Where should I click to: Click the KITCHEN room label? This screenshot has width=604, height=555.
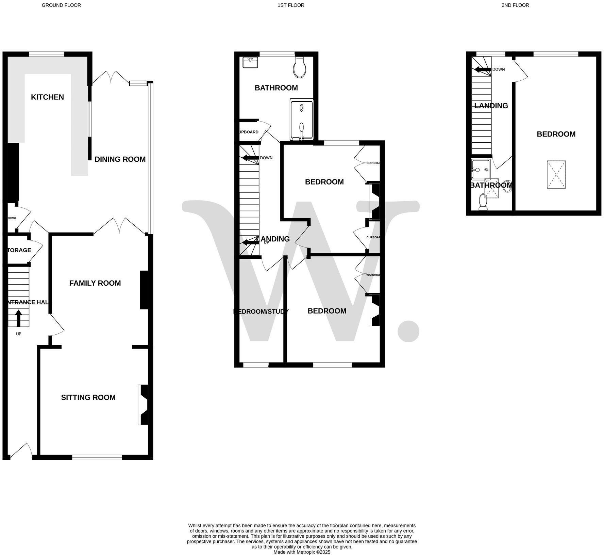47,97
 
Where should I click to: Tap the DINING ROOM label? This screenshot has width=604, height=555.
120,159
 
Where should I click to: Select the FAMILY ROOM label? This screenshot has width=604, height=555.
95,283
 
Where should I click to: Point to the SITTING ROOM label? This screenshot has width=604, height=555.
88,398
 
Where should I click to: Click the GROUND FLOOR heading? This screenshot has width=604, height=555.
61,5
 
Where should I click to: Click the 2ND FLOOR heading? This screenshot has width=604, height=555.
515,5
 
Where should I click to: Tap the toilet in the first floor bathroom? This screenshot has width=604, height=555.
300,67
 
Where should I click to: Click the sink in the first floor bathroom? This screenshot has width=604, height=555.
251,63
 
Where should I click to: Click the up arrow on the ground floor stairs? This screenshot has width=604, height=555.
18,318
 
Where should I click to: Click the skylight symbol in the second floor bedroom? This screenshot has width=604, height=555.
556,174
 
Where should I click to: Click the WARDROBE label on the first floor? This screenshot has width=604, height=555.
373,275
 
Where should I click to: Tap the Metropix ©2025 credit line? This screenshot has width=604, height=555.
302,552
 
